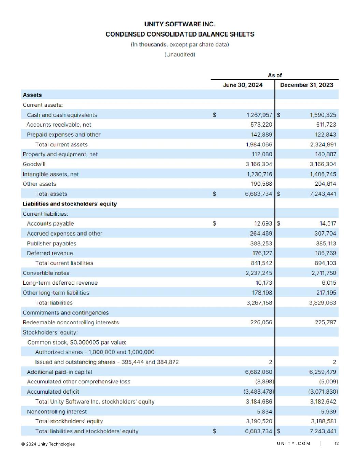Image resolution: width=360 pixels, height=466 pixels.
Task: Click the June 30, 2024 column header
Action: (243, 85)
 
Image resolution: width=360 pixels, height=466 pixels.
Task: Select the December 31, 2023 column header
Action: (306, 85)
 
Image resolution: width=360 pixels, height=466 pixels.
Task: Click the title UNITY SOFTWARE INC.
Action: (180, 24)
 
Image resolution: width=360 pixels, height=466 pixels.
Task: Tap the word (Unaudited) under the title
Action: (180, 55)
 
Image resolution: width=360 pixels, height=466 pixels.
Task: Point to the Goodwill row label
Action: (34, 164)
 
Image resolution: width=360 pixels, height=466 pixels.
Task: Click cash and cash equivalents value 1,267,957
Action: (259, 115)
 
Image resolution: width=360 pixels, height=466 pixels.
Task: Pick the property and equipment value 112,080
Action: (262, 154)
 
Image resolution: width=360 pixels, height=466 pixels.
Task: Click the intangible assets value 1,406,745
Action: (323, 174)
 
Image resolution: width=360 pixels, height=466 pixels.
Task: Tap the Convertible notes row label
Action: (46, 273)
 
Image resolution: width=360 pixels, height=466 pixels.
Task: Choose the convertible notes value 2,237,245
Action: (259, 273)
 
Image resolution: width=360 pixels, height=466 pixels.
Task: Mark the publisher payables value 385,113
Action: (326, 243)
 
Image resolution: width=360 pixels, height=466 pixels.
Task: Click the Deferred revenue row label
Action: (50, 253)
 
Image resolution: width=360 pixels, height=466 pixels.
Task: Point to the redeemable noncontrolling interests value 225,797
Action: (326, 322)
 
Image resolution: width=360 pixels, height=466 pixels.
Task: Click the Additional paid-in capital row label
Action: (59, 372)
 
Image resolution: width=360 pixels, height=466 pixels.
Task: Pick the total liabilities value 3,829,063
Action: (322, 303)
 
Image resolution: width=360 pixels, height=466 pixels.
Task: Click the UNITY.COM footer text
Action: (293, 443)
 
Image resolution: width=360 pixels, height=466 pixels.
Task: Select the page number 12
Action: (336, 443)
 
